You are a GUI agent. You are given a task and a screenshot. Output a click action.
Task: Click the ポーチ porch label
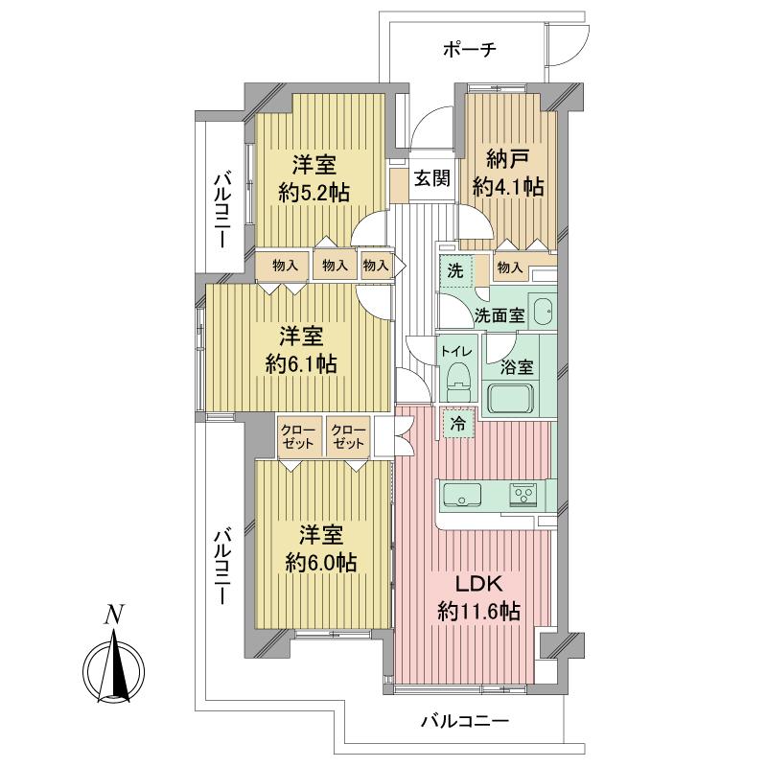pos(469,50)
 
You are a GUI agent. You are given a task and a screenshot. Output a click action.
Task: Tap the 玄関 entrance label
pos(431,178)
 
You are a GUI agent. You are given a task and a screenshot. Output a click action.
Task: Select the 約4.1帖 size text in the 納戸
pos(508,187)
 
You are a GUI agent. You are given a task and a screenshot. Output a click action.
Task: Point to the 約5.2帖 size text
pos(313,191)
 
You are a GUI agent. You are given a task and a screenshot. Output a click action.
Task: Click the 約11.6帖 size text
pos(478,611)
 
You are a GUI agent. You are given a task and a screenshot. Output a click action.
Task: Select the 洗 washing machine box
pos(456,271)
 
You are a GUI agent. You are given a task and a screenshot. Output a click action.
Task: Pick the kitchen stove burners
pos(523,495)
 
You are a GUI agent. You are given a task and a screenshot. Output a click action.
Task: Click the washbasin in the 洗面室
pos(542,311)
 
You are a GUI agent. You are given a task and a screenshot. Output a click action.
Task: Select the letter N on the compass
pos(114,616)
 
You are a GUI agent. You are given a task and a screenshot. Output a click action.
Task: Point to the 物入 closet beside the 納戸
pos(509,267)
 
